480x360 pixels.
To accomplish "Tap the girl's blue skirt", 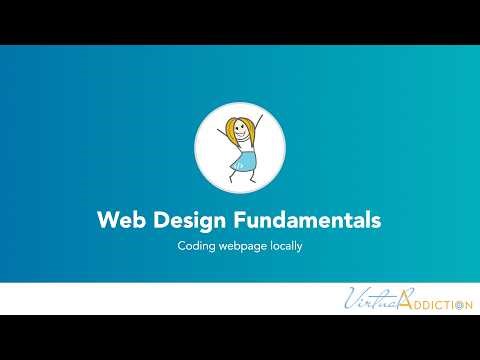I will [x=243, y=158].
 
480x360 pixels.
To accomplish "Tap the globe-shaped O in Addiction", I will [x=457, y=304].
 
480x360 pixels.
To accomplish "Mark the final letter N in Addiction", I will [x=467, y=304].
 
